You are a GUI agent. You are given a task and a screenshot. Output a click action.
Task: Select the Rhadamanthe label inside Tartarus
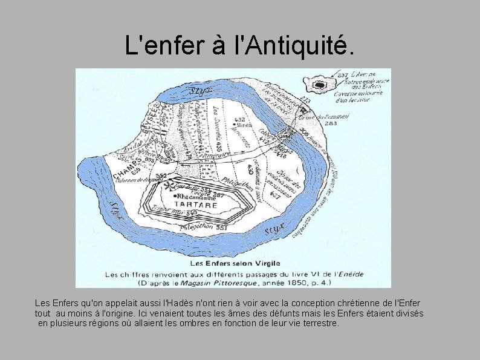197,197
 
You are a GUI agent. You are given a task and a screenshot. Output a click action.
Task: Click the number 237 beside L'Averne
343,75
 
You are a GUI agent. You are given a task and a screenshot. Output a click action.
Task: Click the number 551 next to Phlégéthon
221,227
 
